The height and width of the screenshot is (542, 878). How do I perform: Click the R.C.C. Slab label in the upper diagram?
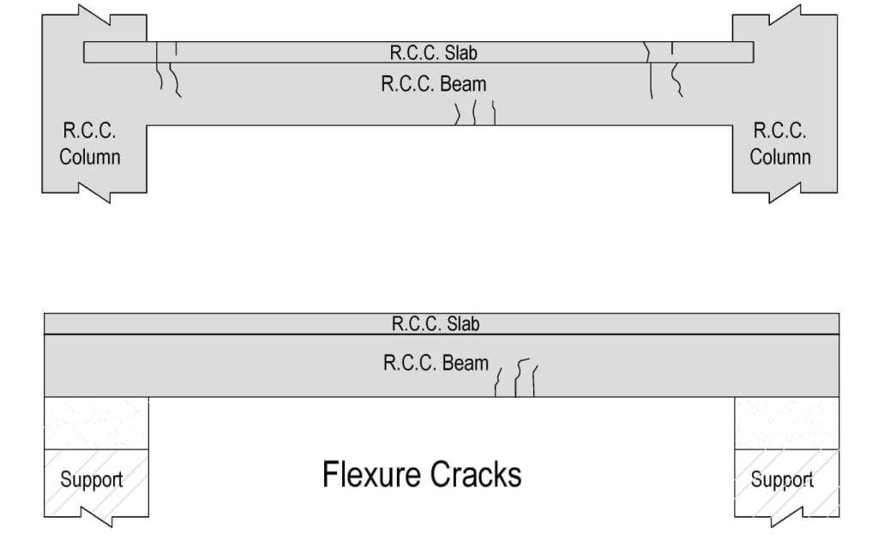pos(433,52)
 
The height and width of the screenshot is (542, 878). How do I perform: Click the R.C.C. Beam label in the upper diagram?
pos(433,84)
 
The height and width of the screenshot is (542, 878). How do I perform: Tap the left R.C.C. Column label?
pos(89,144)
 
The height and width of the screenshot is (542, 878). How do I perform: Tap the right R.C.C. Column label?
pos(779,144)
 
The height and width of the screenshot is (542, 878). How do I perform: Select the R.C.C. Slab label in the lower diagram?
pos(436,324)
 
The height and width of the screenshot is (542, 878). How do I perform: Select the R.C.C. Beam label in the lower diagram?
pos(436,362)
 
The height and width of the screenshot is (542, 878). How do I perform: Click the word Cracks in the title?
pos(477,473)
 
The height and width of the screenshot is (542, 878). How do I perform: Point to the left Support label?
pos(91,479)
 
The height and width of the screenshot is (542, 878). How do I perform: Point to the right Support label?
pos(782,479)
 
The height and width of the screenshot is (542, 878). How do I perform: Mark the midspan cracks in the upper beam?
pos(476,113)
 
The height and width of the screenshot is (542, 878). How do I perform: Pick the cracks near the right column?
pos(663,69)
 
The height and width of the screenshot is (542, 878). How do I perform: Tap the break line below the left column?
pos(95,192)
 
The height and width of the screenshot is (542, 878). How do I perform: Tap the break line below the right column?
pos(784,192)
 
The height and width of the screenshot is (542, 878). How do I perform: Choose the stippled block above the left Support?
pos(96,423)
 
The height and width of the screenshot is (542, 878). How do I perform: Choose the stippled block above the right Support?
pos(786,423)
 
